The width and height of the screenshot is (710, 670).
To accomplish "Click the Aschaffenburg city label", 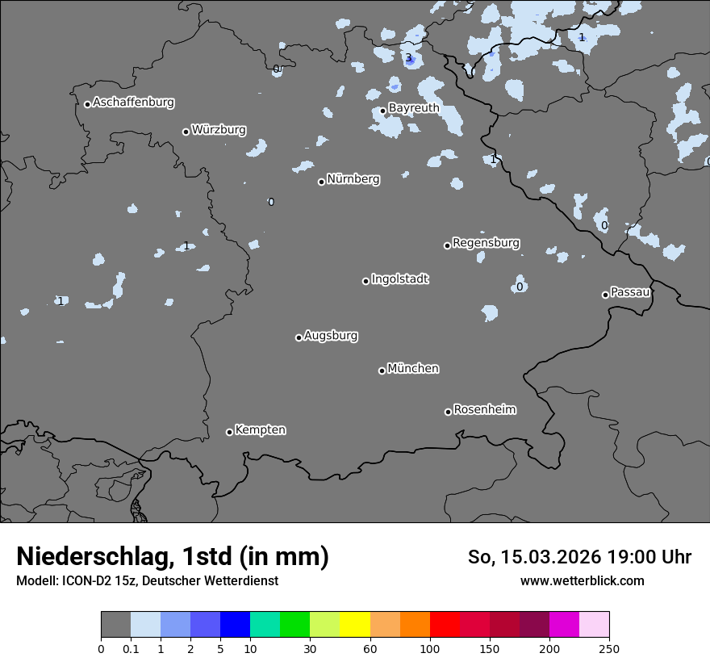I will [133, 103].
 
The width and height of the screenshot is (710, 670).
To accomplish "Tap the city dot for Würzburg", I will [186, 132].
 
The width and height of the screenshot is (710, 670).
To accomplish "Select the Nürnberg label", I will [353, 179].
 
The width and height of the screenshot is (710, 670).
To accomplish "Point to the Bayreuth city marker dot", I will [382, 111].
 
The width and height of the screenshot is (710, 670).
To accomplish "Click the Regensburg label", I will [486, 243].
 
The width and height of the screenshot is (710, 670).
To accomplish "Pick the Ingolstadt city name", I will [399, 279].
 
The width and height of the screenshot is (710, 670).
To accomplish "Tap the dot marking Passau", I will [605, 295].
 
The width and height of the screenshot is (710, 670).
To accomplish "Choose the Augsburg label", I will [331, 336].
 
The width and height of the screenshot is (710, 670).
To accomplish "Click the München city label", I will [413, 369].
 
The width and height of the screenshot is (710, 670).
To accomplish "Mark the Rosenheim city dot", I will [448, 412].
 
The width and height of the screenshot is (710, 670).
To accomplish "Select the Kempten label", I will [260, 430].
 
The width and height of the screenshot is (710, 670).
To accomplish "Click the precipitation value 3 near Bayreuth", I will [408, 57].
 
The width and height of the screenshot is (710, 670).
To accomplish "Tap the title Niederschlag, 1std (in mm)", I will [173, 556].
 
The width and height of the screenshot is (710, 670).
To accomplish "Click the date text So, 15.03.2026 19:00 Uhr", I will [579, 557].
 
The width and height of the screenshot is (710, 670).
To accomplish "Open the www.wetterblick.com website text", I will [582, 580].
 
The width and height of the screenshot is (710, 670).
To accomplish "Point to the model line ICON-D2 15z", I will [147, 580].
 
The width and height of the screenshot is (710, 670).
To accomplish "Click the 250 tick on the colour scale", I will [609, 648].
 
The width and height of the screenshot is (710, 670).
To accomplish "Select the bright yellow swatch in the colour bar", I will [354, 625].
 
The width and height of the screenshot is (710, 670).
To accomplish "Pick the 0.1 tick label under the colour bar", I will [130, 648].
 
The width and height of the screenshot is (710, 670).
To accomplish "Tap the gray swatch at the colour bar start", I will [115, 625].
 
